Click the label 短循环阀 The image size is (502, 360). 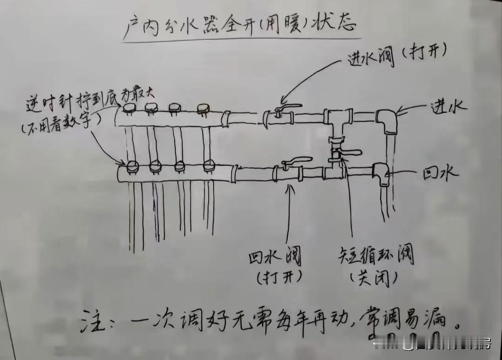[375, 256]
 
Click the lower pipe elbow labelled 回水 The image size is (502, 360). [382, 173]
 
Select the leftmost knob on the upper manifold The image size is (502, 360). [129, 109]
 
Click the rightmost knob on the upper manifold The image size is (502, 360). [202, 109]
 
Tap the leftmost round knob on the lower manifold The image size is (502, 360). [131, 165]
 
